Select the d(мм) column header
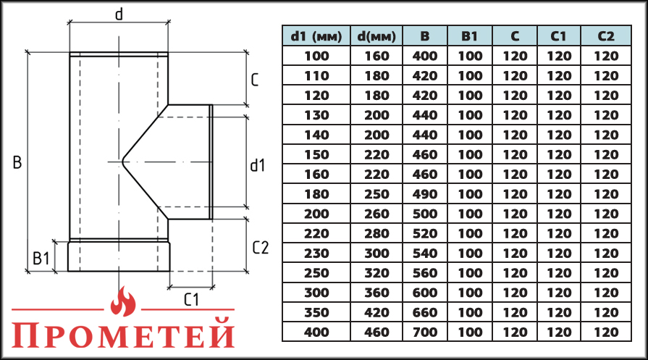(x=376, y=36)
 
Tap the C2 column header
(x=606, y=36)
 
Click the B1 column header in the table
(x=470, y=36)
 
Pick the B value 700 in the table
(x=425, y=332)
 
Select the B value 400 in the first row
(x=425, y=56)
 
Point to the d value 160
(x=376, y=56)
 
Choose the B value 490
(x=425, y=194)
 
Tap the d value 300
(x=376, y=253)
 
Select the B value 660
(x=425, y=312)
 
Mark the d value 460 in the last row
(x=376, y=332)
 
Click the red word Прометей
(x=125, y=335)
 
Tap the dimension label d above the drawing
(x=119, y=13)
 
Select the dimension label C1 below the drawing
(x=191, y=298)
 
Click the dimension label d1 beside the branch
(x=258, y=166)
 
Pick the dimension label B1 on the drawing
(x=41, y=256)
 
